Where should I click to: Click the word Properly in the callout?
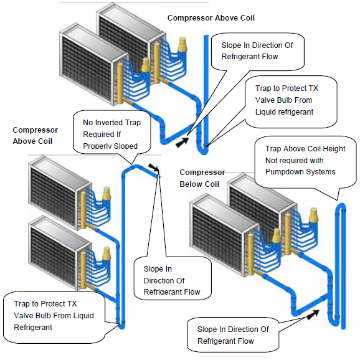(x=101, y=146)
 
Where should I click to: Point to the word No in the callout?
(x=89, y=123)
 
